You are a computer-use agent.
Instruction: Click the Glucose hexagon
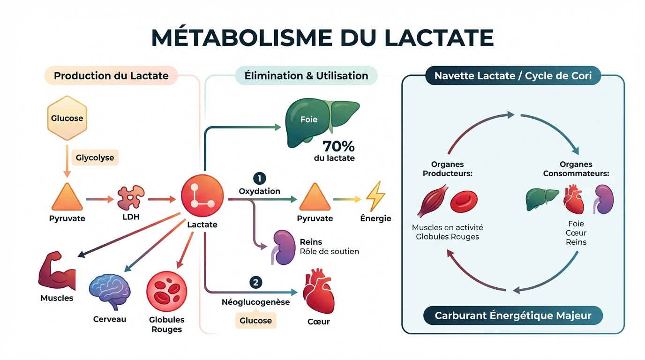67,118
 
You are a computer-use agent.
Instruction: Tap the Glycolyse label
95,157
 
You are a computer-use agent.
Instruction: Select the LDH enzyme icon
131,197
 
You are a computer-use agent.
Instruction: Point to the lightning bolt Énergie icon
375,196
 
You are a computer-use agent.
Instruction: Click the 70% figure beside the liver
338,146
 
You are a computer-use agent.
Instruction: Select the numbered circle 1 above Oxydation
259,178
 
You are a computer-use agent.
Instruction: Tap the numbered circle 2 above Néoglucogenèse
255,282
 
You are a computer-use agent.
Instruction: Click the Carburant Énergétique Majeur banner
513,315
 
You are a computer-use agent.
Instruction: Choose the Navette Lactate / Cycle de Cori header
513,75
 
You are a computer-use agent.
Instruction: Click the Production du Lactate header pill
111,75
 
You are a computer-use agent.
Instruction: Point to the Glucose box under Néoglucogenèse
255,321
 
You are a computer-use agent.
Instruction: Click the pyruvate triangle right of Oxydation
315,197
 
